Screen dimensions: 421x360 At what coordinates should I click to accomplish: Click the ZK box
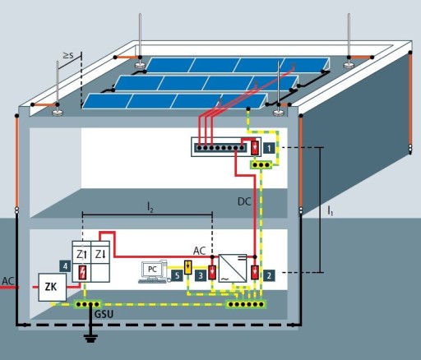[x=52, y=287]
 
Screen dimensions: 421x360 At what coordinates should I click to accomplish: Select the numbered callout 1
[x=269, y=148]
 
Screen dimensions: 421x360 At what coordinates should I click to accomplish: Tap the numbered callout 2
[x=269, y=275]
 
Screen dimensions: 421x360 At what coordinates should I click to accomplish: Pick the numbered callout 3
[x=201, y=275]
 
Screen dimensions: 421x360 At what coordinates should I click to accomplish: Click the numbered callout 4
[x=65, y=266]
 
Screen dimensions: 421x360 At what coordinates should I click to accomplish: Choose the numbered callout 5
[x=177, y=275]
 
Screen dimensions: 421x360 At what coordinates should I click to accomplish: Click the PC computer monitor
[x=151, y=269]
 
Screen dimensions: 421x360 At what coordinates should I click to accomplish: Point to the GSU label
[x=104, y=314]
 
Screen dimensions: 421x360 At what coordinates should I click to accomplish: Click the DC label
[x=244, y=202]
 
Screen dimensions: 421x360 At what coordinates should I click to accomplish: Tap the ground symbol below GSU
[x=90, y=339]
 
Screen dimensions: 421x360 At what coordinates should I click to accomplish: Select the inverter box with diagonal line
[x=233, y=269]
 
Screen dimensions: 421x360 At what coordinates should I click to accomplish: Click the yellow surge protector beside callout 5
[x=187, y=267]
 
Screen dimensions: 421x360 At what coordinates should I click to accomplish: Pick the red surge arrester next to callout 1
[x=255, y=148]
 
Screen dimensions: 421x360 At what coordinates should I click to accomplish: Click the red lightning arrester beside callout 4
[x=82, y=273]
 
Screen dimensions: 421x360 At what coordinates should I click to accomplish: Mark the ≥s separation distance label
[x=68, y=55]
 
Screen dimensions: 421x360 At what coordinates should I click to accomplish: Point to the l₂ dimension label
[x=150, y=207]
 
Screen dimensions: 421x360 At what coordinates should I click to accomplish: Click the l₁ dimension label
[x=331, y=210]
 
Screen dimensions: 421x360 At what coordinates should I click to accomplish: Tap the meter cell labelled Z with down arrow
[x=100, y=255]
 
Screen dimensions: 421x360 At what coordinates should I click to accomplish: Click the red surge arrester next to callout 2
[x=255, y=272]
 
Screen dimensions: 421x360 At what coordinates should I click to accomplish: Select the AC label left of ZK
[x=7, y=281]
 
